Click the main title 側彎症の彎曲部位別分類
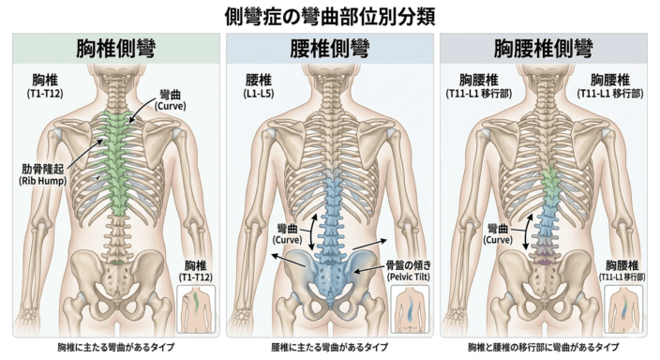click(x=329, y=16)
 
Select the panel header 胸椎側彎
click(x=115, y=49)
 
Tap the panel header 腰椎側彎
click(x=329, y=49)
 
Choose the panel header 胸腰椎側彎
click(x=545, y=49)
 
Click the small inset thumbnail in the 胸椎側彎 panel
click(x=198, y=307)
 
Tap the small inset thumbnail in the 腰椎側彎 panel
click(x=410, y=307)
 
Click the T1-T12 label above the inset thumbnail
click(x=198, y=271)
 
